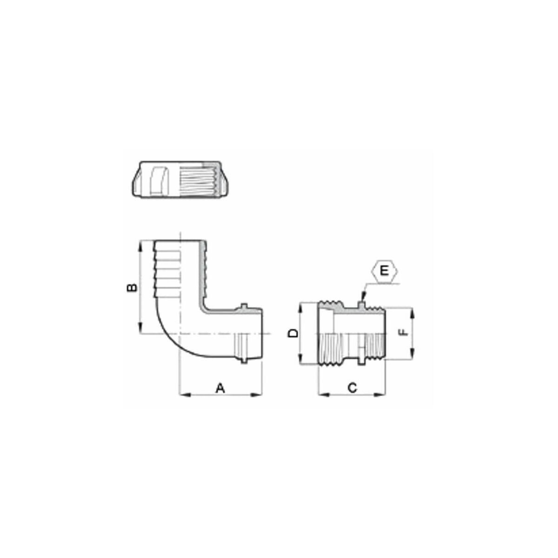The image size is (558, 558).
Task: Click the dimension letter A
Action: (220, 388)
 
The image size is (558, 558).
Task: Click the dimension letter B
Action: (132, 287)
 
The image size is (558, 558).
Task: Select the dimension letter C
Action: (352, 388)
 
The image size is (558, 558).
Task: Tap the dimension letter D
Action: (293, 333)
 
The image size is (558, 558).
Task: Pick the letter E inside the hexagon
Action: (385, 271)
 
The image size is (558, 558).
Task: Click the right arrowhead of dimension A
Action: (257, 394)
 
